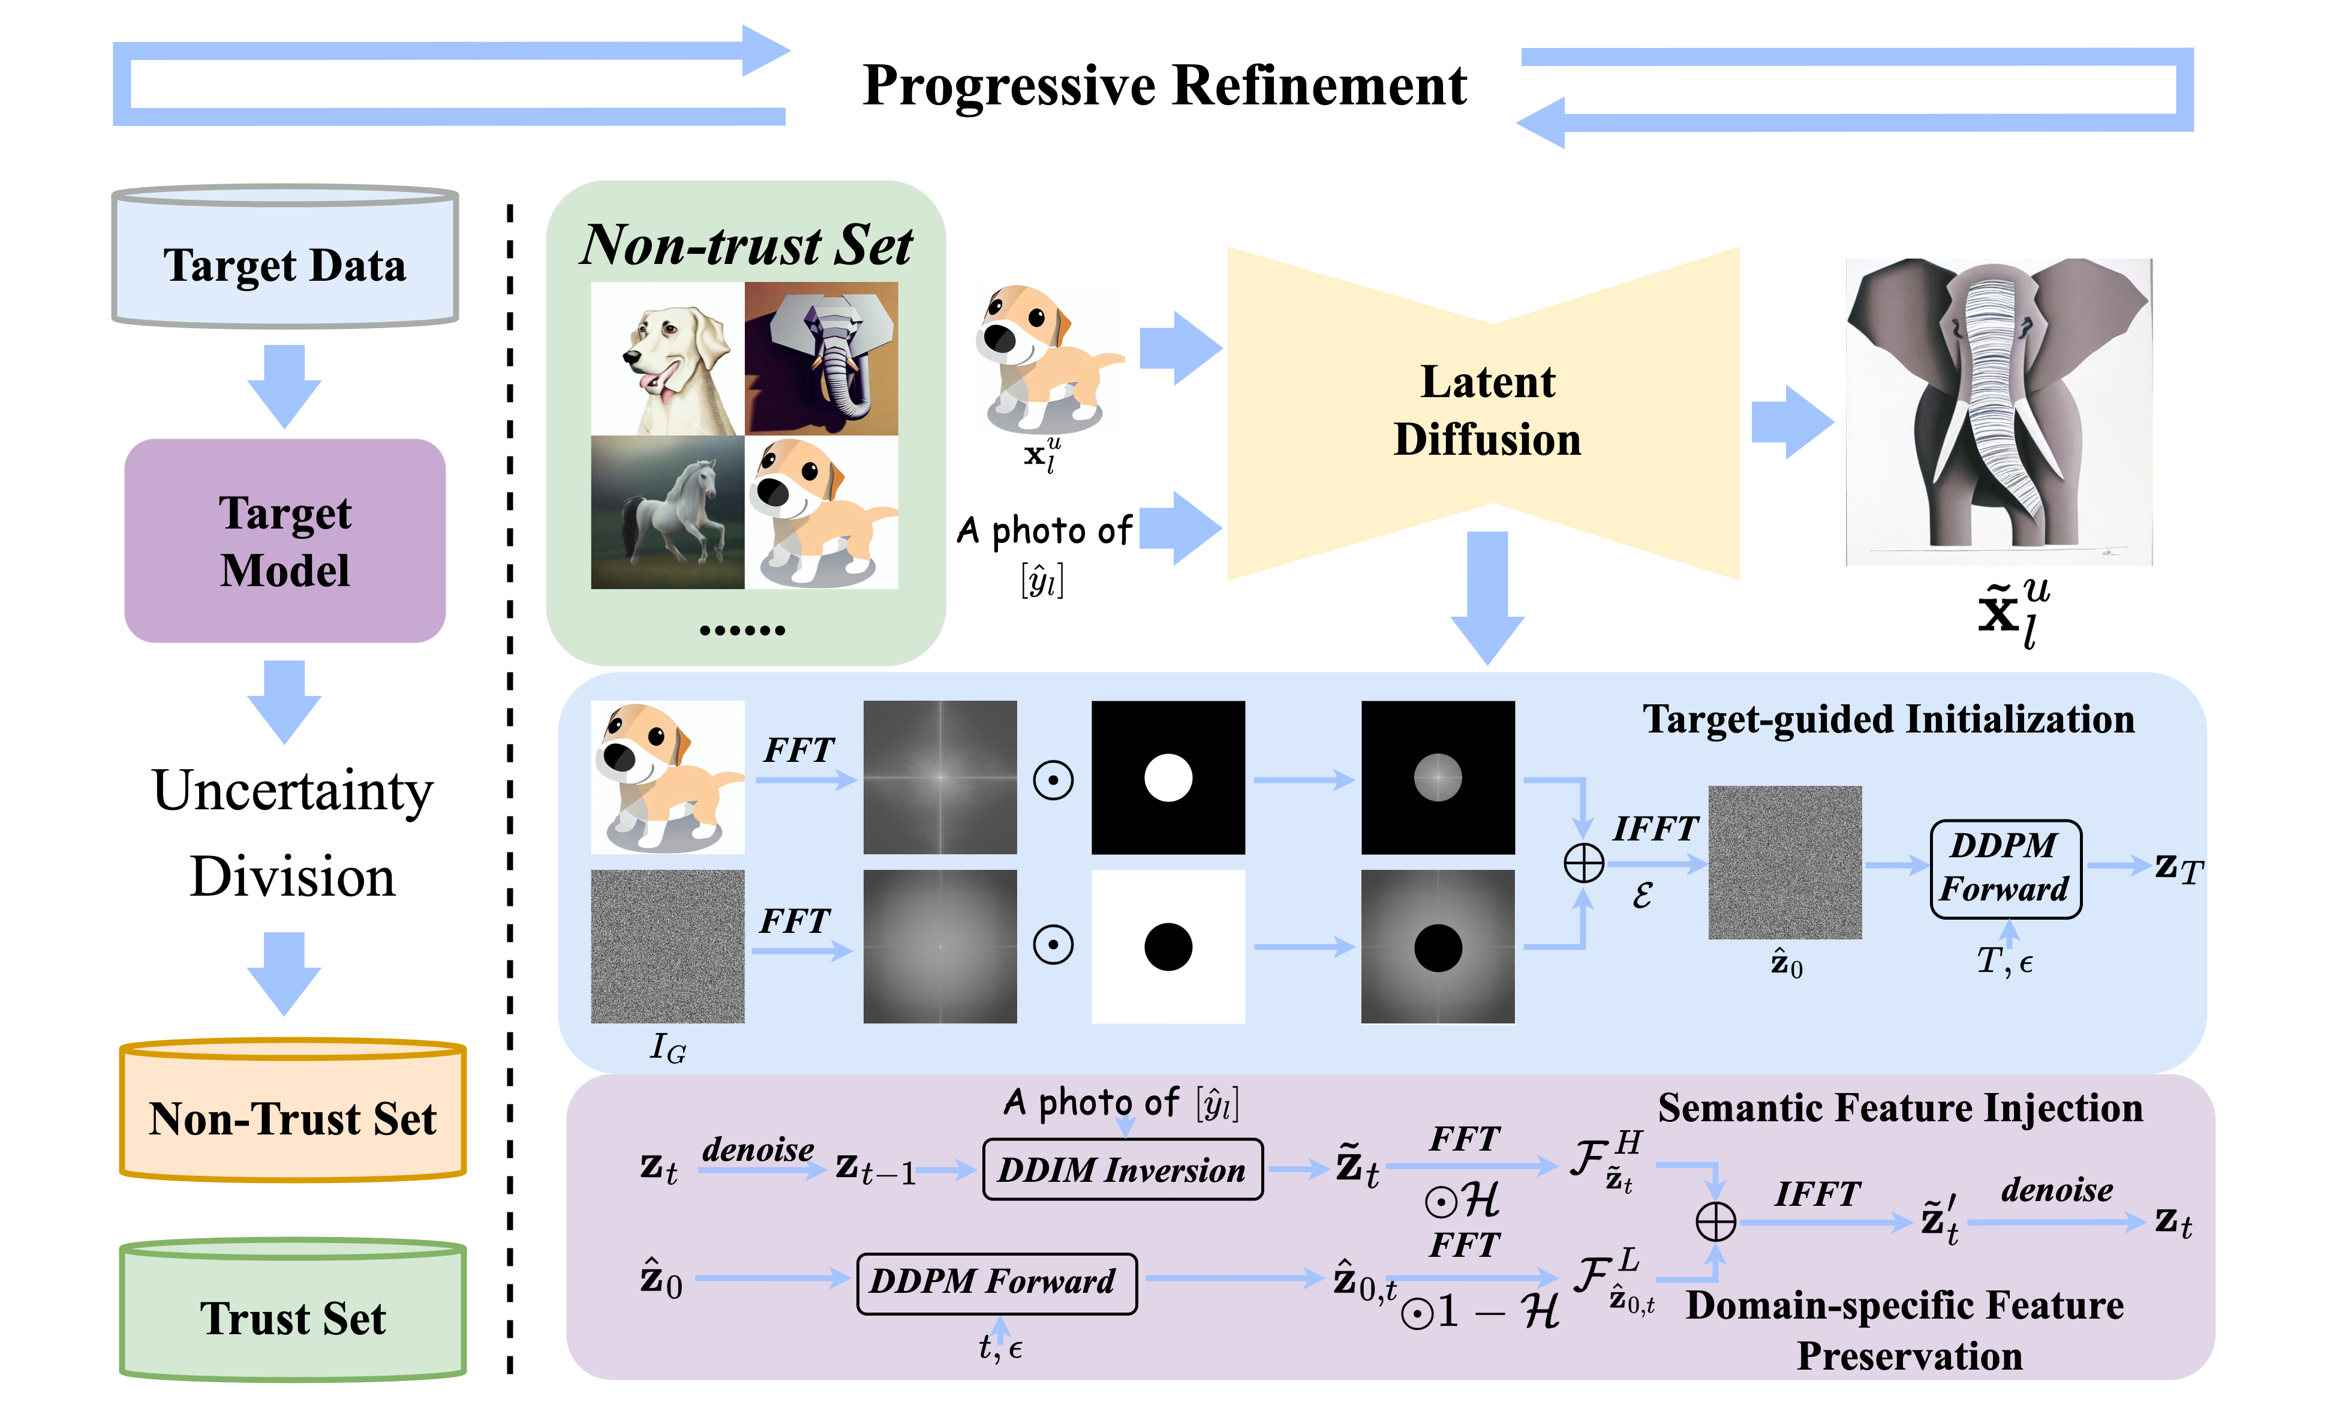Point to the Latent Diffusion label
pyautogui.click(x=1487, y=411)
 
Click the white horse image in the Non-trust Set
pyautogui.click(x=667, y=512)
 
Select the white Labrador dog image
pyautogui.click(x=667, y=359)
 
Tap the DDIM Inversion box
pyautogui.click(x=1122, y=1169)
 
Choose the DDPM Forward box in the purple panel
pyautogui.click(x=996, y=1282)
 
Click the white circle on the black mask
pyautogui.click(x=1168, y=777)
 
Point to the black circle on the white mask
pyautogui.click(x=1168, y=947)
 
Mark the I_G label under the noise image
pyautogui.click(x=668, y=1047)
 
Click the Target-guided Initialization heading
pyautogui.click(x=1888, y=720)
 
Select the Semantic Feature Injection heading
pyautogui.click(x=1899, y=1108)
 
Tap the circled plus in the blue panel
pyautogui.click(x=1584, y=863)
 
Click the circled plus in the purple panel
pyautogui.click(x=1715, y=1221)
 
